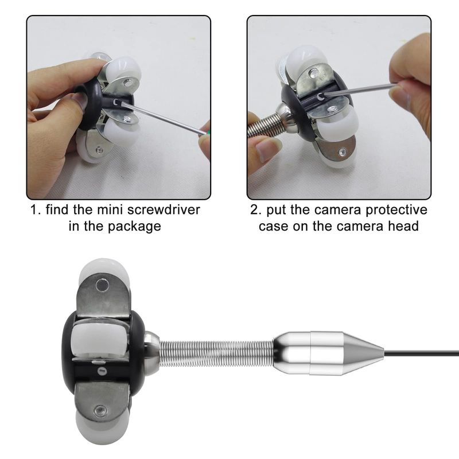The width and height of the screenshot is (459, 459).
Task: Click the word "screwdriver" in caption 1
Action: (164, 210)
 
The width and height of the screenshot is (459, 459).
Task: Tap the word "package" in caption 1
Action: (134, 227)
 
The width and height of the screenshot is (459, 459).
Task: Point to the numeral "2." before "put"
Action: (256, 210)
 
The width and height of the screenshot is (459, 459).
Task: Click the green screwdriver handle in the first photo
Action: (207, 131)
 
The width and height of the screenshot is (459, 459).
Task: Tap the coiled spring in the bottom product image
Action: (217, 353)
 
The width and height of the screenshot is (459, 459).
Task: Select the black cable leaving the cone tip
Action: (421, 353)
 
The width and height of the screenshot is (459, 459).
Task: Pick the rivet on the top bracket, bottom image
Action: (102, 284)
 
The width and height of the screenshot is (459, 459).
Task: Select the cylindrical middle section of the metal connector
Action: (326, 353)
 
